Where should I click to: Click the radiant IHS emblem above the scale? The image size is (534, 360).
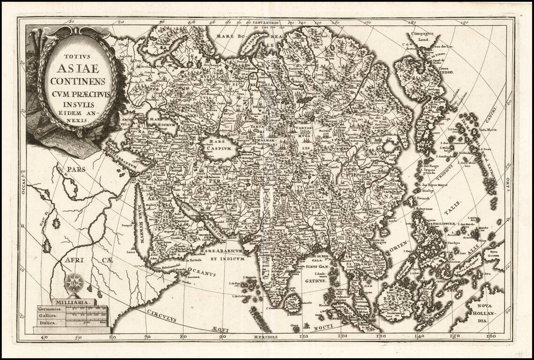[73, 283]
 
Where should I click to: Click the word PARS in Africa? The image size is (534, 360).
[76, 169]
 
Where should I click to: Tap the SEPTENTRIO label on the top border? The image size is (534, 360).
[265, 22]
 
